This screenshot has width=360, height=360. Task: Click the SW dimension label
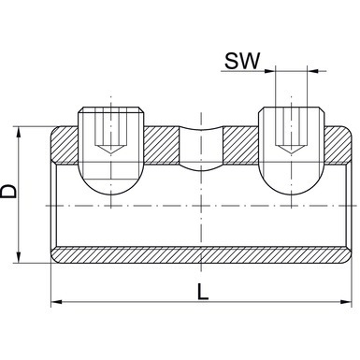pos(242,61)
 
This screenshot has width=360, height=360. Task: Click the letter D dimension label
pos(8,191)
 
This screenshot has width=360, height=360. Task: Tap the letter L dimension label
pos(203,292)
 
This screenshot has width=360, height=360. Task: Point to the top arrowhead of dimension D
pos(19,132)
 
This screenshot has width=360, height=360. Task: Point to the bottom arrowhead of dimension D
pos(19,258)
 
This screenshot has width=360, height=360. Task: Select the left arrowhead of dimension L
pos(56,302)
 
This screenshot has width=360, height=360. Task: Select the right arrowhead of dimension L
pos(346,302)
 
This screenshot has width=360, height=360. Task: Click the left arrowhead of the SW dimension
pos(270,71)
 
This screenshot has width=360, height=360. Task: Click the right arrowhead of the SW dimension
pos(312,71)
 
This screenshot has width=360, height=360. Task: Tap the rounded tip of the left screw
pos(110,187)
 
